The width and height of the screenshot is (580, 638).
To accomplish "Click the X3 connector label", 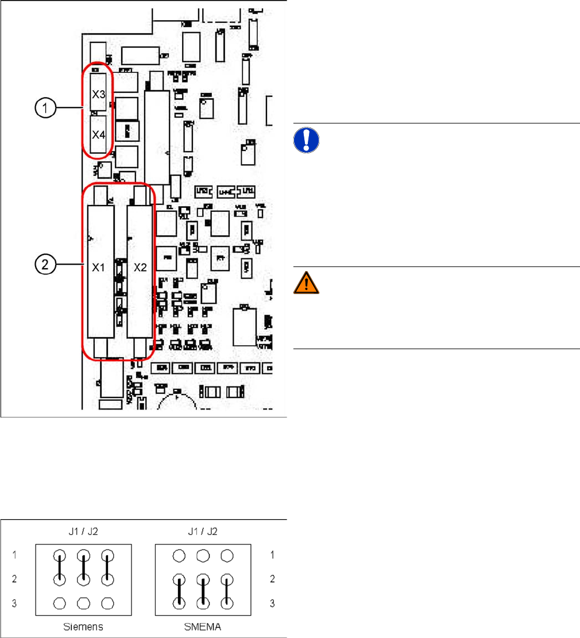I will tap(99, 94).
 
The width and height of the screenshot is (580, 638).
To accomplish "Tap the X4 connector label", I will tap(99, 136).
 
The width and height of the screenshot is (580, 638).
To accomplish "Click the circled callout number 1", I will tap(45, 107).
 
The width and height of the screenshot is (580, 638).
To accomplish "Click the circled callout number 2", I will tap(45, 265).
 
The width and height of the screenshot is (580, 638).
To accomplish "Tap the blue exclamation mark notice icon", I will tap(306, 140).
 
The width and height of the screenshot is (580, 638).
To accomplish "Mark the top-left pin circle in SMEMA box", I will tap(180, 556).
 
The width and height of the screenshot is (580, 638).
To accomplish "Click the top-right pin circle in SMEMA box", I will tap(228, 556).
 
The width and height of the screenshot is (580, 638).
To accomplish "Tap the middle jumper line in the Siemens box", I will tap(84, 568).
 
